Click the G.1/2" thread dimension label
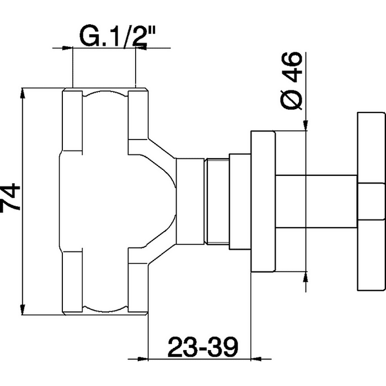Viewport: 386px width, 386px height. point(117,37)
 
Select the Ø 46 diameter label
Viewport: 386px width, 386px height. point(291,81)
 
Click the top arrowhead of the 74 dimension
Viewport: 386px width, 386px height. point(23,93)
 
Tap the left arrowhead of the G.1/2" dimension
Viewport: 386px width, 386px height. point(67,48)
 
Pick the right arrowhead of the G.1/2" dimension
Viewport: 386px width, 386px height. point(141,48)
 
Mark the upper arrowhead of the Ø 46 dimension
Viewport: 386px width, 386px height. point(305,125)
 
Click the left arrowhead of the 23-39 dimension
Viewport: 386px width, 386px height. point(142,359)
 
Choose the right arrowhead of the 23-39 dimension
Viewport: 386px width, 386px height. point(256,359)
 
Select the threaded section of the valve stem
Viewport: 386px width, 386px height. point(217,202)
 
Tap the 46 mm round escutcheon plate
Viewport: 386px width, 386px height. point(263,201)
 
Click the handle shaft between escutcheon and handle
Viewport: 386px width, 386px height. point(316,201)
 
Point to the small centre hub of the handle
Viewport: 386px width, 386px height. point(371,201)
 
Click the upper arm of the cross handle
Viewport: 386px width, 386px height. point(371,148)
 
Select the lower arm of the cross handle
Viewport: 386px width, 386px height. point(371,255)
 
